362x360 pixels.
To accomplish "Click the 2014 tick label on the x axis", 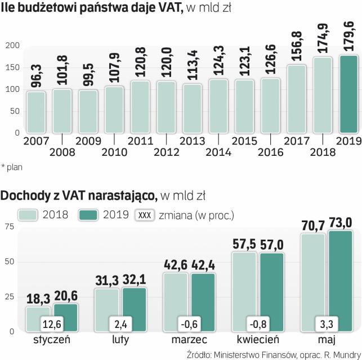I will tap(218, 152).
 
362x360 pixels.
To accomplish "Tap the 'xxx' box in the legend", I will tap(145, 215).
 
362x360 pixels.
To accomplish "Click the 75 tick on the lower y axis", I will tap(9, 226).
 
